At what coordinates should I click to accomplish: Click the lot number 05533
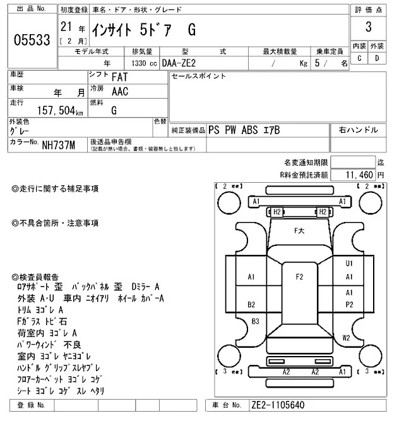click(x=32, y=40)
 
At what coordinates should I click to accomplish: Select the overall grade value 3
click(x=368, y=27)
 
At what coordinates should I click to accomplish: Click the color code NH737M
click(x=59, y=145)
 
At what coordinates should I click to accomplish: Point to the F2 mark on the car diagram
click(x=300, y=276)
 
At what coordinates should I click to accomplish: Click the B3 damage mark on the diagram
click(x=256, y=321)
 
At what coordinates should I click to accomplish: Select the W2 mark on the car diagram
click(x=346, y=338)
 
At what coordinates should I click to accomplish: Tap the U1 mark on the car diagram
click(x=348, y=263)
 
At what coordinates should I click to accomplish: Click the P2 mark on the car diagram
click(x=348, y=304)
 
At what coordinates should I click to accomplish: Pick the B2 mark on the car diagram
click(x=251, y=304)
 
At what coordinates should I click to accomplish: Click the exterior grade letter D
click(x=377, y=58)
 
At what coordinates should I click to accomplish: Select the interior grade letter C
click(x=359, y=58)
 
